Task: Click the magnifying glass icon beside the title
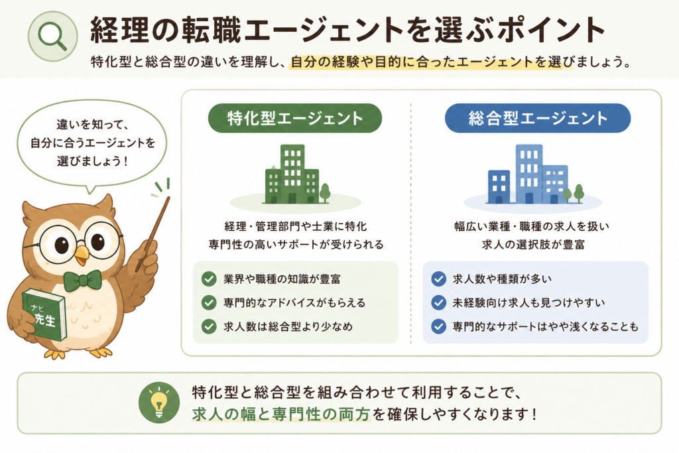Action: (52, 36)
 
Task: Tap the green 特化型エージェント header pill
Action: (295, 118)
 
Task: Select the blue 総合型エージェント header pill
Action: (537, 118)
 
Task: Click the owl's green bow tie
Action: (82, 281)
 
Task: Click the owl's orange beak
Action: (81, 255)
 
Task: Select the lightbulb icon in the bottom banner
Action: (159, 403)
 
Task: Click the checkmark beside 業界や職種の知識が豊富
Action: (209, 279)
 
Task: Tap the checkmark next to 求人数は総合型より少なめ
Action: (209, 326)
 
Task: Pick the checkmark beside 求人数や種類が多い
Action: (439, 279)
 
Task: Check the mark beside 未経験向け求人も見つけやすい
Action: (439, 302)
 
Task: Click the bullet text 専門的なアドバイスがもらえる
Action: (294, 302)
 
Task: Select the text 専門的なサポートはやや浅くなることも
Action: (546, 326)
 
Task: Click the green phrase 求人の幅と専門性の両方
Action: (281, 414)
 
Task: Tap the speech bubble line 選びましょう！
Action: (92, 161)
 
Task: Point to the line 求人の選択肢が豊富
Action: (533, 245)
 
